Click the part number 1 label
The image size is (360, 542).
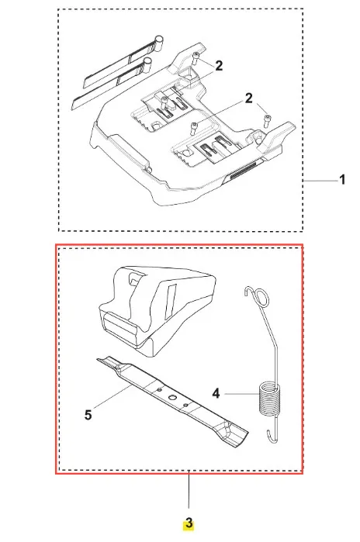click(x=342, y=180)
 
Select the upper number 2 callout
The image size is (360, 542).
click(x=219, y=66)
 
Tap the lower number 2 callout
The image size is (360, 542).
click(x=249, y=98)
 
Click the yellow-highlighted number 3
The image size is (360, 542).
click(x=189, y=523)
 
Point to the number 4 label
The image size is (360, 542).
click(x=216, y=393)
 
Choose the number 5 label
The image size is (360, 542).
click(x=88, y=415)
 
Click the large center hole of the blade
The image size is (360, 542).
click(x=172, y=397)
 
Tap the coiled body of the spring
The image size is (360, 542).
click(x=269, y=398)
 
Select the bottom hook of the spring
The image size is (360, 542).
click(x=272, y=436)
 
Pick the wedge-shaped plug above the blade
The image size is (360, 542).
click(x=157, y=309)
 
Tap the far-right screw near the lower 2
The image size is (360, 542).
click(x=268, y=120)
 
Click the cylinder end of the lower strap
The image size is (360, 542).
click(x=147, y=65)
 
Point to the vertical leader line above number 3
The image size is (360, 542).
click(x=189, y=489)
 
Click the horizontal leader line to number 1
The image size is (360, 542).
click(x=320, y=181)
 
